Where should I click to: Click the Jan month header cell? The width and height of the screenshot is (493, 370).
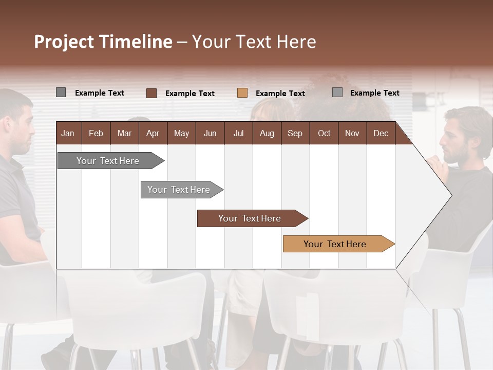click(x=68, y=133)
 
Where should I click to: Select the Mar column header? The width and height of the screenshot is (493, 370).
click(x=124, y=133)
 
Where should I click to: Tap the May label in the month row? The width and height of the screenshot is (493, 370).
click(x=181, y=133)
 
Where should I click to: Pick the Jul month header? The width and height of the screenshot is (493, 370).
click(x=238, y=133)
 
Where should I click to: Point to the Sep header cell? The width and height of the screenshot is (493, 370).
click(x=295, y=133)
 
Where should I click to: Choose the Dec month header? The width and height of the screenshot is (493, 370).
click(x=381, y=133)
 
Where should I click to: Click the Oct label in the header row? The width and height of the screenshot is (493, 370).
click(x=324, y=133)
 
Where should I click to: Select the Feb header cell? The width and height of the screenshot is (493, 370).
click(x=96, y=133)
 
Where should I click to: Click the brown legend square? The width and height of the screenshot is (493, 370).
click(x=151, y=93)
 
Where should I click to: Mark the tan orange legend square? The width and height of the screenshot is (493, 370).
click(x=242, y=93)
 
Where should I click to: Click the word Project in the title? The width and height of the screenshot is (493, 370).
click(x=65, y=42)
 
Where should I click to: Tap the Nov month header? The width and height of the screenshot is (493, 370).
click(x=352, y=133)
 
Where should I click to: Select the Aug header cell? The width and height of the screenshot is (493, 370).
click(x=267, y=133)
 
